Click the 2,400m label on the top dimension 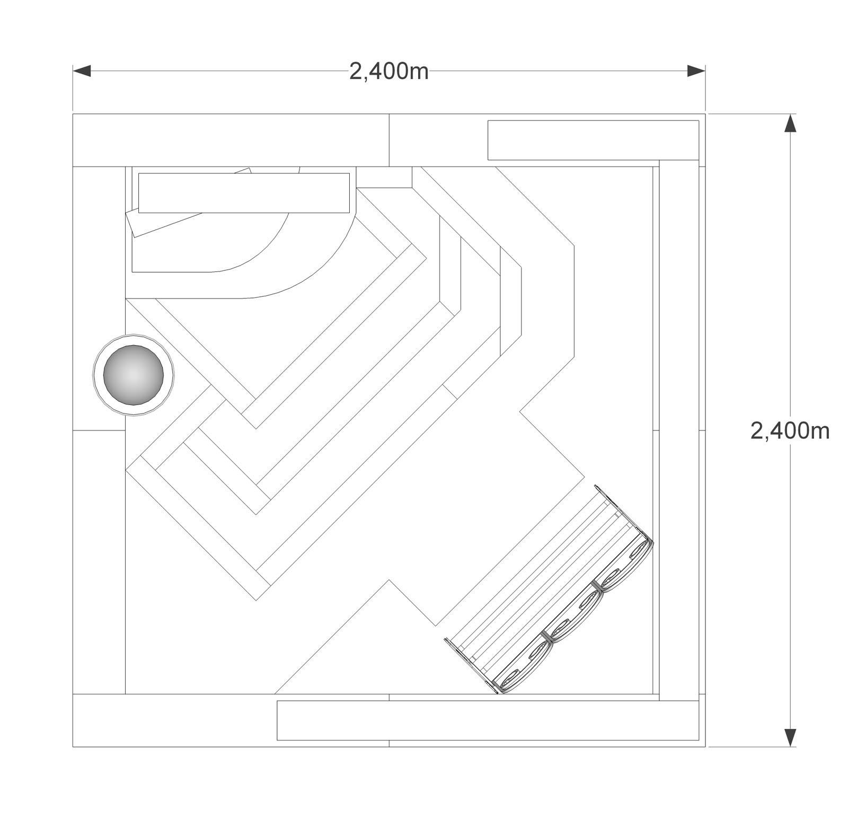[x=388, y=71]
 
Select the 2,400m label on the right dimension [x=790, y=430]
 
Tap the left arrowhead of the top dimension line [x=82, y=71]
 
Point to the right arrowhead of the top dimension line [x=696, y=71]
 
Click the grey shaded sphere [x=134, y=375]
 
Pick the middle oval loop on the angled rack [x=575, y=616]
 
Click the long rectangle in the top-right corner [x=593, y=140]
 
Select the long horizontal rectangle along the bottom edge [x=488, y=720]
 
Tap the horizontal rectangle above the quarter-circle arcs [x=244, y=192]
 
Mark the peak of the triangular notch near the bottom [x=390, y=580]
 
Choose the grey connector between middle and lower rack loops [x=547, y=636]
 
